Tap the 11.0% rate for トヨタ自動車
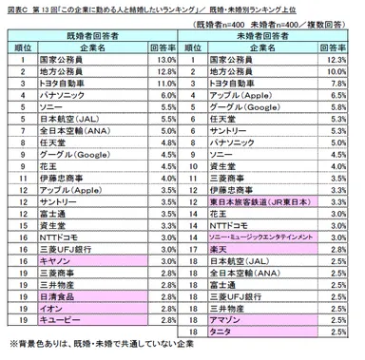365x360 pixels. tap(166, 85)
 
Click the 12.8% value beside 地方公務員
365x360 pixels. tap(166, 72)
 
